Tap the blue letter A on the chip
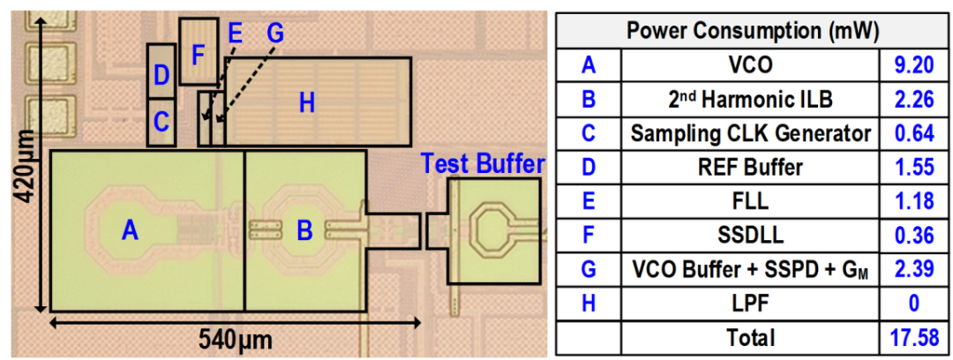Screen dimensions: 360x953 tap(130, 230)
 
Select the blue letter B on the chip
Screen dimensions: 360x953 tap(304, 231)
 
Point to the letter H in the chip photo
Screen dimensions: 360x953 tap(306, 103)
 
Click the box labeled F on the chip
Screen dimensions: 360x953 tap(199, 52)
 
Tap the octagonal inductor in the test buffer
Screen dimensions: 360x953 tap(492, 227)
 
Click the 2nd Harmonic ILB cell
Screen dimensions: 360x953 tap(752, 99)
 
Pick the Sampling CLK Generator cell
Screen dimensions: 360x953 tap(752, 133)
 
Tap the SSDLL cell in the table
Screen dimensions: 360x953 tap(752, 236)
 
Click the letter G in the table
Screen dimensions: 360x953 tap(589, 269)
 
